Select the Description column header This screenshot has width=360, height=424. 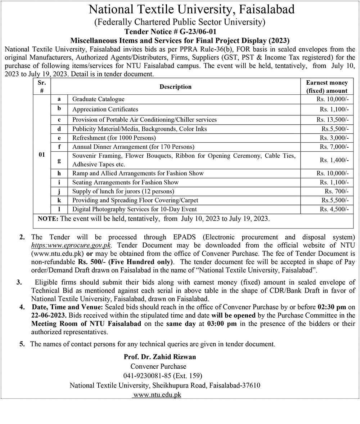coord(176,86)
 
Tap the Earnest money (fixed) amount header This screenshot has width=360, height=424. coord(327,87)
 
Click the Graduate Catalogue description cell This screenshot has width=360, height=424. coord(98,99)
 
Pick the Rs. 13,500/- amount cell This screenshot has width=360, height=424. coord(333,120)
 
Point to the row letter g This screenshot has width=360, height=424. coord(59,160)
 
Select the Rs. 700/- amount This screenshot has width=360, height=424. coord(337,191)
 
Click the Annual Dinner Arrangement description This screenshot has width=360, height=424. coord(133,147)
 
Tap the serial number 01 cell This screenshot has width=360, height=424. coord(42,155)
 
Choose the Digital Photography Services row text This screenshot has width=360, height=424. coord(134,209)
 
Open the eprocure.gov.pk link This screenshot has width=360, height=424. coord(71,245)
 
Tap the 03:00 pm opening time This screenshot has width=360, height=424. coord(222,323)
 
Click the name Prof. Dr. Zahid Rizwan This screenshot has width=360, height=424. coord(160,357)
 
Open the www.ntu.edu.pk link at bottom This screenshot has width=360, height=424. coord(157,394)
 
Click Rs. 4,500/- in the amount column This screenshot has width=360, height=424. coord(334,209)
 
